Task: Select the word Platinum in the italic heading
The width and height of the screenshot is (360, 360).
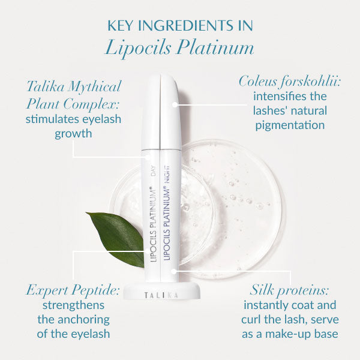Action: tap(215, 47)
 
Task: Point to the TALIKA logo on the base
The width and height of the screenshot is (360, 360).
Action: tap(161, 295)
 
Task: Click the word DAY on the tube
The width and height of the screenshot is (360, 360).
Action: tap(153, 170)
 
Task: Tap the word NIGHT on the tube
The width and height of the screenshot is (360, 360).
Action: tap(167, 173)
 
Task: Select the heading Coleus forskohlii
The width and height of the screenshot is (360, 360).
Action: tap(289, 82)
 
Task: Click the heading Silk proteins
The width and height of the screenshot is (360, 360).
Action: tap(289, 290)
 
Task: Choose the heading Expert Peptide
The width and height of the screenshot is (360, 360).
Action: tap(73, 290)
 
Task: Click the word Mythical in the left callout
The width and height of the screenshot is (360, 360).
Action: tap(95, 87)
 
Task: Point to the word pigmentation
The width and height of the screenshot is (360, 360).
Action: tap(290, 125)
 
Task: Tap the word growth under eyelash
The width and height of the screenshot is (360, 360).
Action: tap(73, 134)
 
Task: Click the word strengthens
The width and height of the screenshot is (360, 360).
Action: tap(73, 305)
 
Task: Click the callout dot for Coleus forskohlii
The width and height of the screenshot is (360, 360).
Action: tap(175, 104)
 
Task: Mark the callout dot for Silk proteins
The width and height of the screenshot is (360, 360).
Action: tap(174, 271)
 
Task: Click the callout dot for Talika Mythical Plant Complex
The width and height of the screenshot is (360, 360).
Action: tap(148, 157)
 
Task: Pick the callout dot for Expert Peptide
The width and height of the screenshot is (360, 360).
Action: tap(148, 251)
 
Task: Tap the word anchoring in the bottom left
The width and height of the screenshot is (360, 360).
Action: tap(84, 320)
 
